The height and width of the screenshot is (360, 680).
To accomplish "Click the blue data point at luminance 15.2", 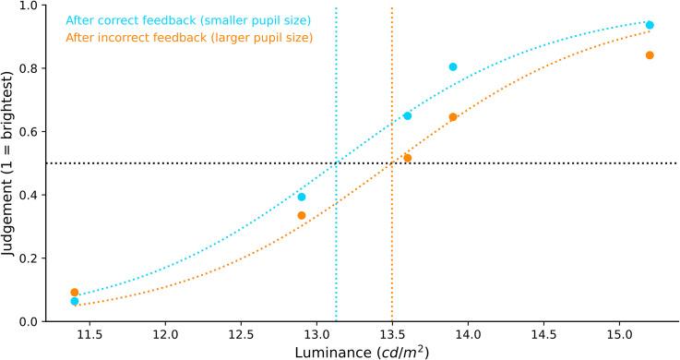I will [650, 25].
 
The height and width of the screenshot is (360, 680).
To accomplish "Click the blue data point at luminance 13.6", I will [407, 115].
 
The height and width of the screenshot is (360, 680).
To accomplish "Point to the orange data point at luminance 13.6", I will [407, 158].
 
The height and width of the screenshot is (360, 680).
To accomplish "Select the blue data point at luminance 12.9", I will [302, 197].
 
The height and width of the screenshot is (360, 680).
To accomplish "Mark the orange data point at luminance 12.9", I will [302, 215].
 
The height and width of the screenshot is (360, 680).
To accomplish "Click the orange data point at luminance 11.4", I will [75, 293].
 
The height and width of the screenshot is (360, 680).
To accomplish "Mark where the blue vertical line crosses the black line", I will [336, 163].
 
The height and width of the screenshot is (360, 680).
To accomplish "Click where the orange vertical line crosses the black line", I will [392, 163].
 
